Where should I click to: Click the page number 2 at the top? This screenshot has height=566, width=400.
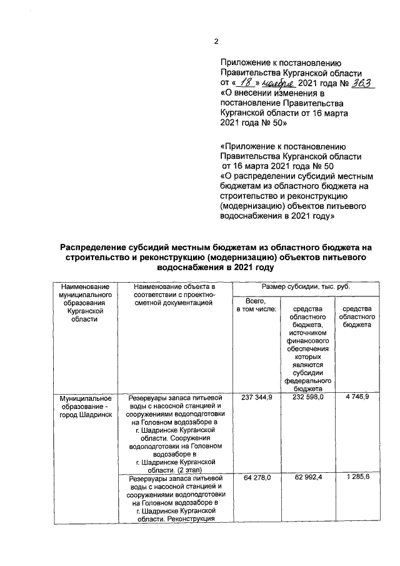click(216, 42)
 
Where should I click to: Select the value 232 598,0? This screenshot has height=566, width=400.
click(307, 398)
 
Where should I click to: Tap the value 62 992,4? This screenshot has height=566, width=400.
click(307, 478)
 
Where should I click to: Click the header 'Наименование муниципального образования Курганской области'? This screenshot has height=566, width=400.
click(85, 303)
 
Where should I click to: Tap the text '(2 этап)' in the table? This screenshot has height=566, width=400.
click(201, 469)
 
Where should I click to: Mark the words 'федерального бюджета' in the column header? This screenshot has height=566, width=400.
click(307, 383)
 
